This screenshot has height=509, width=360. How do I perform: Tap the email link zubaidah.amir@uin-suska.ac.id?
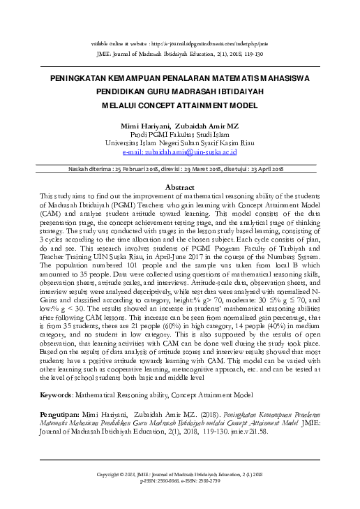point(180,152)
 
